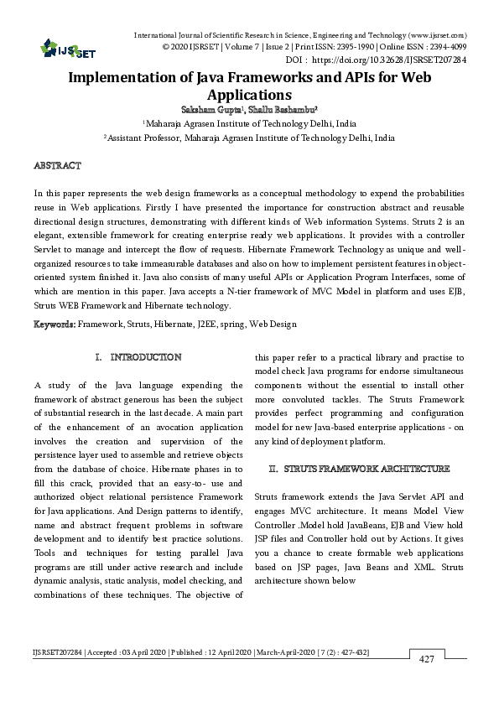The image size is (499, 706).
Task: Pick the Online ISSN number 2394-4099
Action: [448, 48]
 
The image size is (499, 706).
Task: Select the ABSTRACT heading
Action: [57, 167]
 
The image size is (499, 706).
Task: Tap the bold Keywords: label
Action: [55, 324]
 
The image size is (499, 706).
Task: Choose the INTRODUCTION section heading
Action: [146, 357]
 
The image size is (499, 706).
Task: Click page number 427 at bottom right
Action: [426, 660]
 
